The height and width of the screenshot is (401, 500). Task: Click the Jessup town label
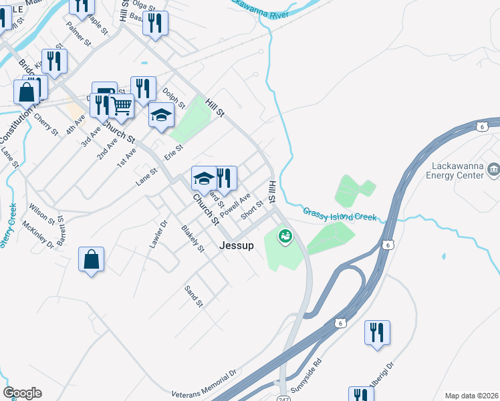click(237, 246)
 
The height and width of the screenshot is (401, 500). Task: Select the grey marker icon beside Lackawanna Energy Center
click(493, 170)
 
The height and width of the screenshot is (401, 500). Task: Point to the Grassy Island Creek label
click(340, 215)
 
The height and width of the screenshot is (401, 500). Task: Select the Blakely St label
click(193, 239)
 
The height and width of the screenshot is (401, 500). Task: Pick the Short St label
click(252, 211)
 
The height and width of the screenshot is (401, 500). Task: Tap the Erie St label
click(174, 153)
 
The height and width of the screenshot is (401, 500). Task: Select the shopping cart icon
click(121, 105)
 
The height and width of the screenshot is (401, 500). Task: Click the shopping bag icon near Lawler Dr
click(91, 259)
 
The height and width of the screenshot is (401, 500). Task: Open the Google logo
click(22, 392)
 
